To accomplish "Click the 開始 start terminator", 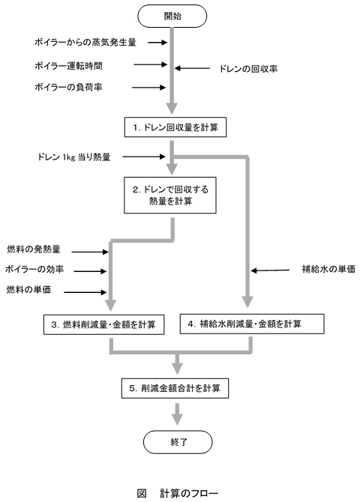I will click(x=173, y=16).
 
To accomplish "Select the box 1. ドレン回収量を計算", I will click(x=174, y=127).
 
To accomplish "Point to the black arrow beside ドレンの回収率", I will click(x=196, y=68).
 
